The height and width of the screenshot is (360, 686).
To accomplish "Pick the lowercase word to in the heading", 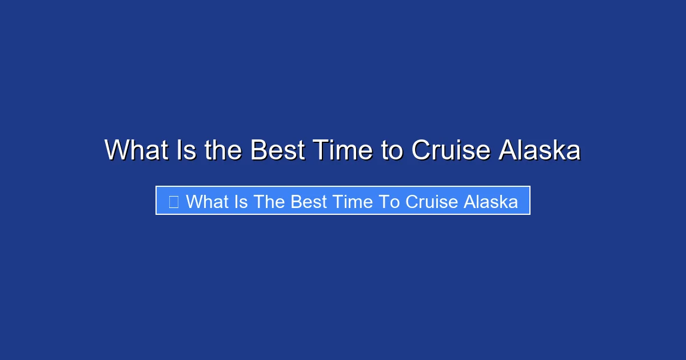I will tap(392, 150).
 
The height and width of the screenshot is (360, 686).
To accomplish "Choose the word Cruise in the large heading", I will tap(451, 150).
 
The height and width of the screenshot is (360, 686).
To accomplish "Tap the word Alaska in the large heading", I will tap(540, 150).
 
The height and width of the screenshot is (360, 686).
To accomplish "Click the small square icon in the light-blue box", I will tap(174, 202).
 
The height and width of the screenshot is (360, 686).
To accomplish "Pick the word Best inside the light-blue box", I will tap(310, 202).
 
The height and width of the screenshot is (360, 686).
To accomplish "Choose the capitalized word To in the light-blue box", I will tap(392, 202).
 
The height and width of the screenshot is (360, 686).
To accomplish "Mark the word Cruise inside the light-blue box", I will tap(433, 202).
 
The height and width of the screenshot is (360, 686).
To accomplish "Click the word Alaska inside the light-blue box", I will tap(492, 202).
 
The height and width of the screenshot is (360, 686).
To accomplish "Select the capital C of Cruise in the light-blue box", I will tap(412, 202).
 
